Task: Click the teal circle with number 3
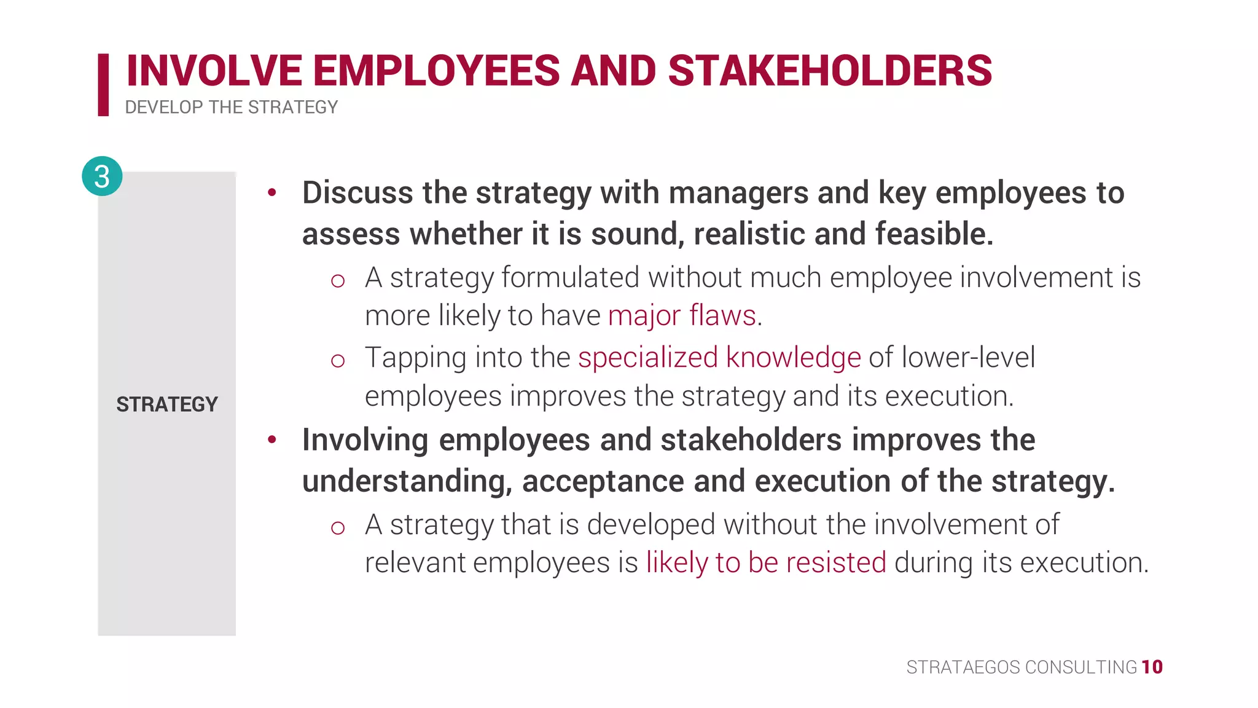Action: point(102,176)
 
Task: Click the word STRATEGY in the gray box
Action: point(167,404)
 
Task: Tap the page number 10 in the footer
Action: point(1152,667)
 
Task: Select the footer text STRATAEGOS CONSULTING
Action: point(1022,667)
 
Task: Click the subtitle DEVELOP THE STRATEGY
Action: point(231,108)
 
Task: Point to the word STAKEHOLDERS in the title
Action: point(829,71)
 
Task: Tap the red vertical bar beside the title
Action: point(103,85)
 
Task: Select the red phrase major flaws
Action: point(682,315)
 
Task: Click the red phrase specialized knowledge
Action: point(719,357)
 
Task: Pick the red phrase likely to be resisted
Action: point(766,562)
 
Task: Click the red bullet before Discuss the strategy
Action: point(272,193)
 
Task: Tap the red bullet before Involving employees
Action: point(272,439)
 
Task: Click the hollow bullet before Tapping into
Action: point(337,360)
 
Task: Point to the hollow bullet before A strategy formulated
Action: point(337,281)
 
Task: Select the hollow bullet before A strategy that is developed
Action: point(337,527)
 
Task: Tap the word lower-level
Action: point(968,357)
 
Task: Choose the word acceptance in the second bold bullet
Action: point(603,481)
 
